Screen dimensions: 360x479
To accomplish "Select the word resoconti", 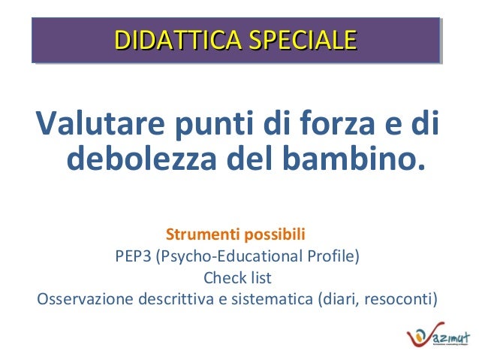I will point(398,300).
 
